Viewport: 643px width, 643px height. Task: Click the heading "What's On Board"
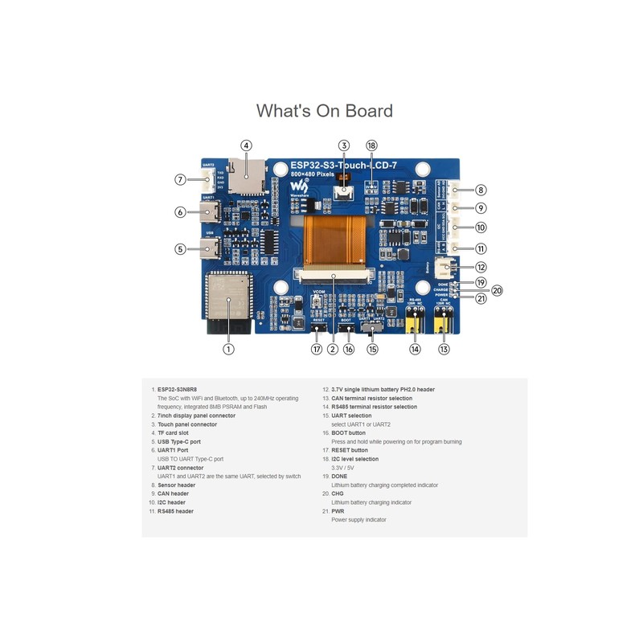tap(324, 110)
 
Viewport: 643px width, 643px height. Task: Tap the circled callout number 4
tap(246, 145)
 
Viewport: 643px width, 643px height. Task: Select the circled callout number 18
tap(371, 145)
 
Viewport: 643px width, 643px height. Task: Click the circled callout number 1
tap(228, 349)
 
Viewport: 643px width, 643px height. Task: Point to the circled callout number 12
tap(481, 267)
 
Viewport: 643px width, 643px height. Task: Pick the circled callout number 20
tap(497, 290)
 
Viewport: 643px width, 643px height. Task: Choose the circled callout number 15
tap(372, 349)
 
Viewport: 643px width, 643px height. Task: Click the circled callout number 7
tap(181, 179)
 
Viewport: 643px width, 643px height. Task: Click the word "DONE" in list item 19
tap(338, 476)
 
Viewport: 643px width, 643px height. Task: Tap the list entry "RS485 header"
tap(176, 511)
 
